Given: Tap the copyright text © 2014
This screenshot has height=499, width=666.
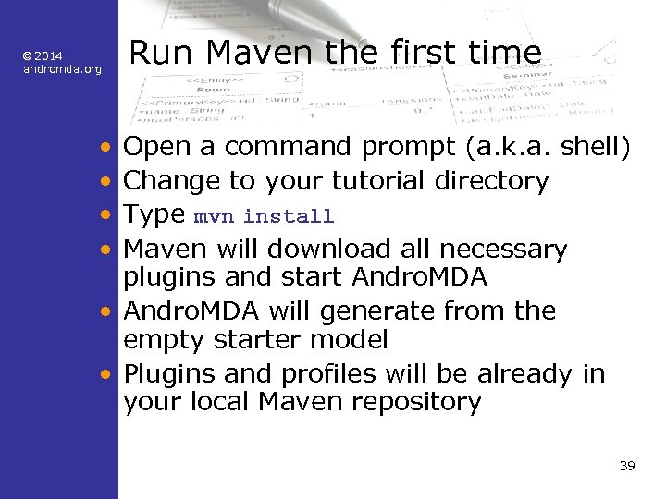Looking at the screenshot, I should coord(43,56).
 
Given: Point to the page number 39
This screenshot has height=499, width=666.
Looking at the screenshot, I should coord(627,465).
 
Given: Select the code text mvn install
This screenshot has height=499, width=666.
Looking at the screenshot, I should coord(264,217).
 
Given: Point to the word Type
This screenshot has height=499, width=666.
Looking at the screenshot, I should coord(154,215).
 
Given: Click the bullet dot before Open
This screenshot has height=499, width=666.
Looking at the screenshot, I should coord(108,148).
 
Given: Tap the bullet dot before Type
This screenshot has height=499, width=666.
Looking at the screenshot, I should coord(108,216).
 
